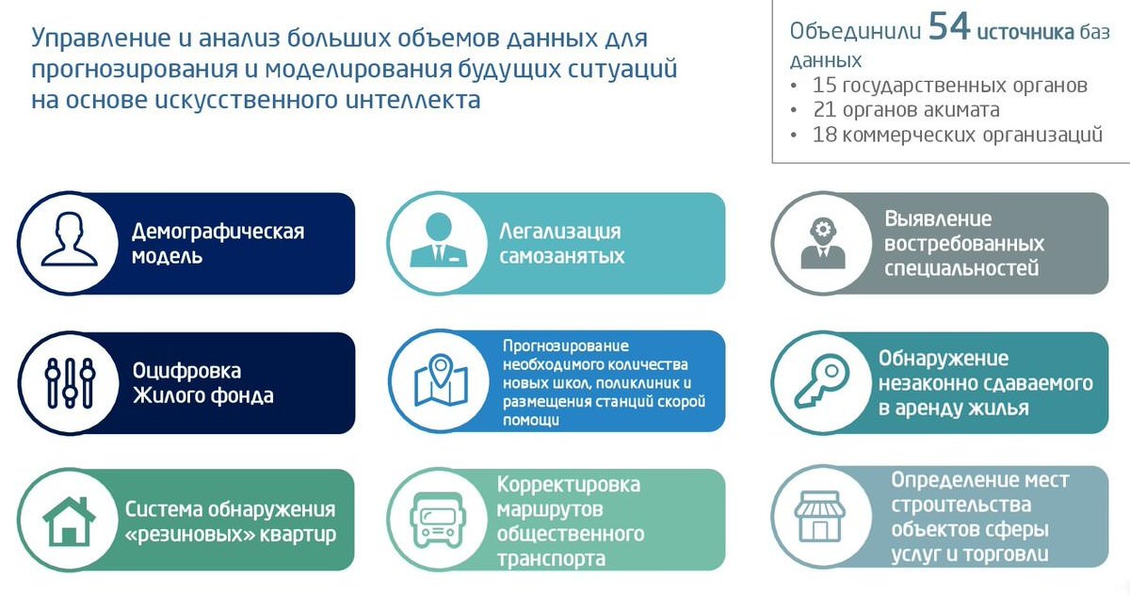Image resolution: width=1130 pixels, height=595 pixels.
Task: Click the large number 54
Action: coord(949,26)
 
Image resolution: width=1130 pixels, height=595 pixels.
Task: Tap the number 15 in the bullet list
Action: coord(824,86)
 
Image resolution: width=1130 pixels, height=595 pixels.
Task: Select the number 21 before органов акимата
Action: coord(825,109)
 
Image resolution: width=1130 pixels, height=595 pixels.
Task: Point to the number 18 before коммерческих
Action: coord(824,135)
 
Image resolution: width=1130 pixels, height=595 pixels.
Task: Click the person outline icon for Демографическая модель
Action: coord(69,239)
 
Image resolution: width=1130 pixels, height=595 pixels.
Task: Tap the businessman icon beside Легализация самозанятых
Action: coord(439,240)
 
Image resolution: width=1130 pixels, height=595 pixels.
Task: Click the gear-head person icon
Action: coord(823,243)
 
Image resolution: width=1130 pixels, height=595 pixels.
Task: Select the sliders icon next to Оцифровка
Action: coord(70,383)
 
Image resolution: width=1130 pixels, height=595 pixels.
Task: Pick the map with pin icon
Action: coord(441,379)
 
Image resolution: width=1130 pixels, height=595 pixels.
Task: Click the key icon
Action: coord(822,380)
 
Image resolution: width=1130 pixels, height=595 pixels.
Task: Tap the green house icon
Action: coord(69,522)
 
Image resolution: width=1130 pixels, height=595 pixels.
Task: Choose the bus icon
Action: coord(439,520)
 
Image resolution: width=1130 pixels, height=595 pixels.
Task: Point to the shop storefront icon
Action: coord(820,516)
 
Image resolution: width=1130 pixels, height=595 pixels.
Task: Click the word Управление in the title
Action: coord(101,39)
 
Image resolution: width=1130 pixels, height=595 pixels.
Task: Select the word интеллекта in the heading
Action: coord(412,100)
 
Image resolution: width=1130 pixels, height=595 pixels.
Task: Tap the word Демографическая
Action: coord(218,232)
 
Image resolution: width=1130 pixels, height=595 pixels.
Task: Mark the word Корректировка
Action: coord(569,485)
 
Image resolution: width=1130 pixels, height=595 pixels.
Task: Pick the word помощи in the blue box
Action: coord(531,421)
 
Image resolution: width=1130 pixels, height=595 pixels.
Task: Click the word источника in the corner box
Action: coord(1025,32)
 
